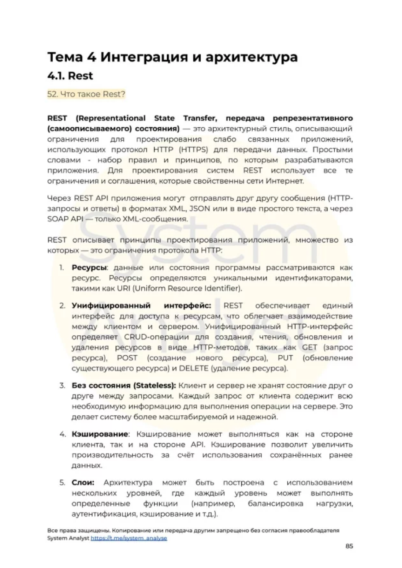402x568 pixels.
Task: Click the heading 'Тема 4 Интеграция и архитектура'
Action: pos(172,57)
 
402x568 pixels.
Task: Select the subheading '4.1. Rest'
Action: pos(70,76)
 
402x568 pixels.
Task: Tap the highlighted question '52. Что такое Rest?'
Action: pos(86,94)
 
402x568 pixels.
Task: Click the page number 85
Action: pos(349,546)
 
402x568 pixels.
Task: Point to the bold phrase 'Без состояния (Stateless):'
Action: pos(124,385)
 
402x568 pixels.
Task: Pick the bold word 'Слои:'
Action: pos(83,483)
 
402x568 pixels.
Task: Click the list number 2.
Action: pos(62,306)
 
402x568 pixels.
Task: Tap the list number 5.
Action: pos(62,483)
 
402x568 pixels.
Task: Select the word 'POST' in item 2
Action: pos(127,358)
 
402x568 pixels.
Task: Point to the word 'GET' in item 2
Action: pos(309,347)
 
